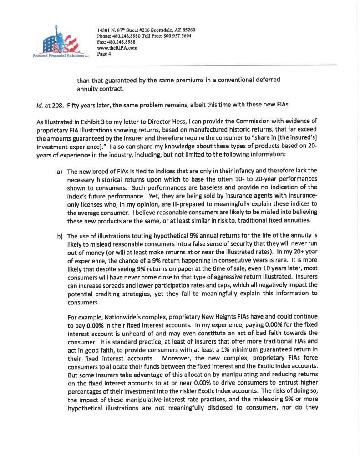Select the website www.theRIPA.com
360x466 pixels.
[x=117, y=48]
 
